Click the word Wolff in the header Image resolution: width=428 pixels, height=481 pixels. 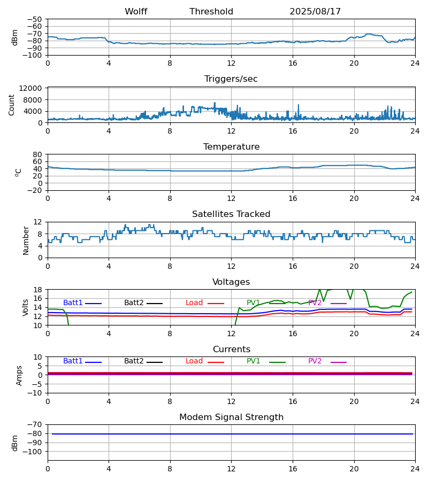(136, 12)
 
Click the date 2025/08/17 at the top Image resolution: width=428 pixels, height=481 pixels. (315, 12)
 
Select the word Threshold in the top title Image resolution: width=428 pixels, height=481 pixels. (211, 12)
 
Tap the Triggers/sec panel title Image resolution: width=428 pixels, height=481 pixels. (231, 79)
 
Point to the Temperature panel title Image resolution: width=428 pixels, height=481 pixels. (231, 147)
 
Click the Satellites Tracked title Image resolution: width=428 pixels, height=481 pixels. (231, 214)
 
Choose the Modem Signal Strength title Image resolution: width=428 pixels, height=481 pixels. (231, 417)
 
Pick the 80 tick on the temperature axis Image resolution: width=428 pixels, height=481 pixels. (37, 154)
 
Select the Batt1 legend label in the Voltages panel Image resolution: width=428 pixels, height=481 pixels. (73, 303)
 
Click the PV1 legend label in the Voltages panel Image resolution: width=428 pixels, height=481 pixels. (254, 303)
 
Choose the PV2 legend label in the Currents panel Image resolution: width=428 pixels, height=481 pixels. (315, 361)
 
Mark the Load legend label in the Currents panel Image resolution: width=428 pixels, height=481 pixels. (194, 361)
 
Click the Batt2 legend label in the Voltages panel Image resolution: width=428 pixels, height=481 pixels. (134, 303)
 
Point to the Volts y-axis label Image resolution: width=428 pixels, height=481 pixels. (26, 307)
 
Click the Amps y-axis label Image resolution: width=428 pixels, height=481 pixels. (19, 375)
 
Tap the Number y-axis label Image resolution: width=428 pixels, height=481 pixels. (26, 240)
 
